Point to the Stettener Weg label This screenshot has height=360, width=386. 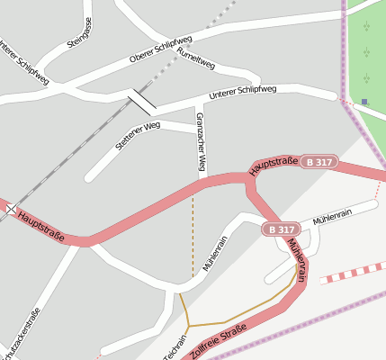pos(138,136)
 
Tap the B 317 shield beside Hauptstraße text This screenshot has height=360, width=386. pos(319,162)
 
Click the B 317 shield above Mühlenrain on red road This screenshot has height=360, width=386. pos(281,229)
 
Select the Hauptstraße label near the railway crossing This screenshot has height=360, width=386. pos(43,220)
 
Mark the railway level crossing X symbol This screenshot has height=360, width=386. pos(11,209)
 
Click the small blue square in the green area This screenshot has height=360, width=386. pos(364,101)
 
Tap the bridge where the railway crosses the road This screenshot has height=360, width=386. pos(141,100)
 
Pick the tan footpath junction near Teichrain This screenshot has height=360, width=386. pos(188,325)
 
